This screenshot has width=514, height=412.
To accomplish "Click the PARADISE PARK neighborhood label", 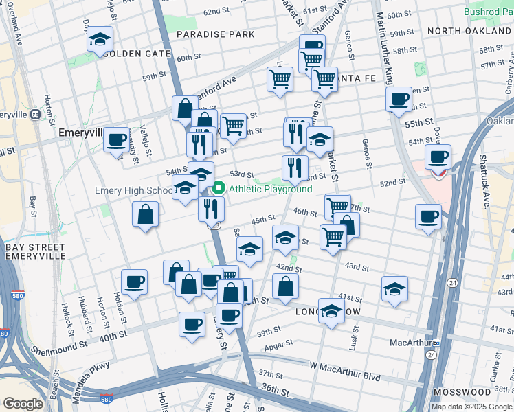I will point(215,34).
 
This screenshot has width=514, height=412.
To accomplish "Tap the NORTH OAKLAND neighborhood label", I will point(468,32).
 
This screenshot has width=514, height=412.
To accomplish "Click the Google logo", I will point(23,403).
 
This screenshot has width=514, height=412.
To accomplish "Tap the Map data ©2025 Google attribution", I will point(471,407).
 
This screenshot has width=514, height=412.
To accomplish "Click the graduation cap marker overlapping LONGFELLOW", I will point(331,312).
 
